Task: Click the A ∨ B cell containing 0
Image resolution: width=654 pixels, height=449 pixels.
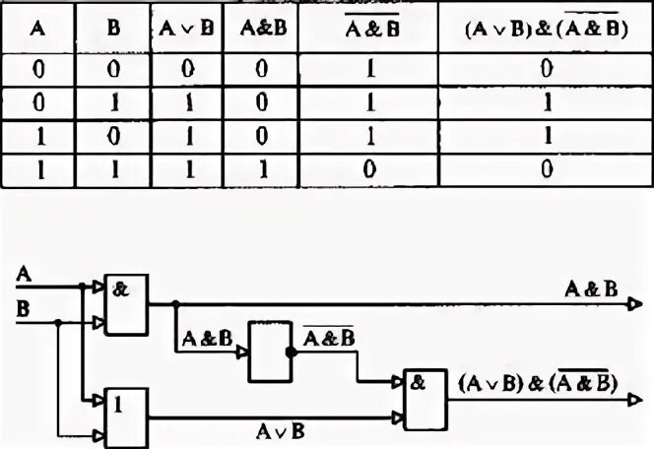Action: (x=185, y=71)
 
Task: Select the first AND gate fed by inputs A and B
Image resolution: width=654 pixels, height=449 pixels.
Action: (x=126, y=303)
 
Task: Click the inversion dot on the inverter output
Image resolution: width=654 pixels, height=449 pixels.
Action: (x=292, y=352)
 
